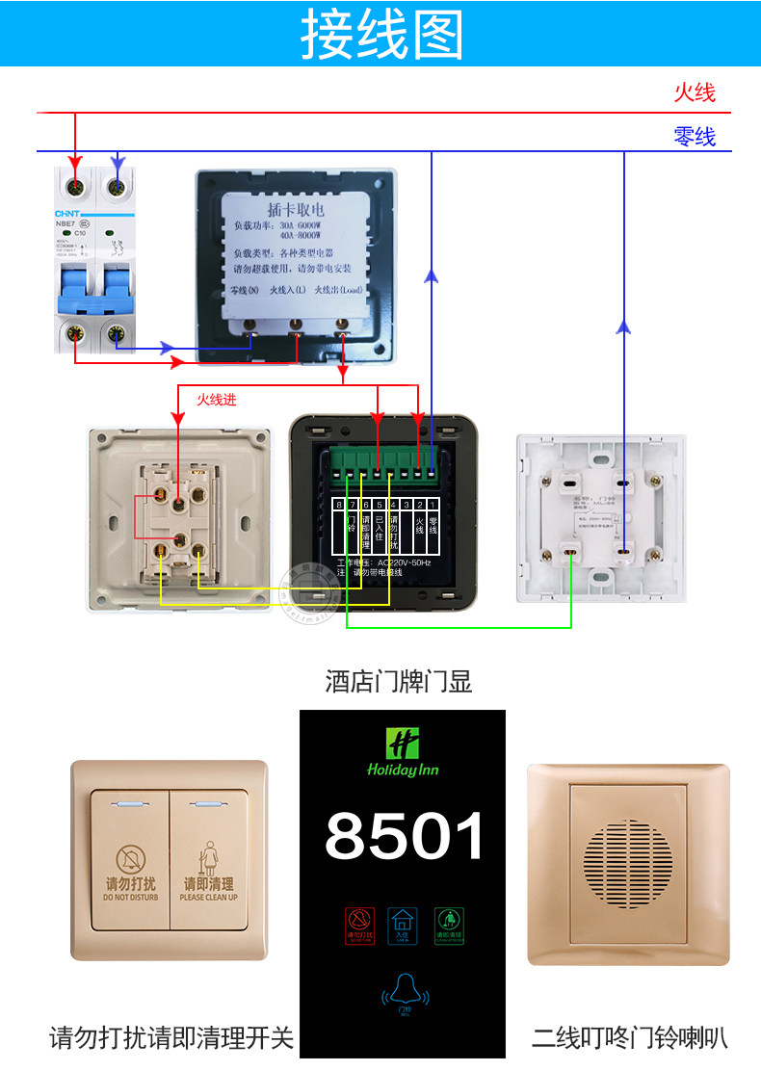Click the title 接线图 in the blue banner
381,36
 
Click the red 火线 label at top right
695,92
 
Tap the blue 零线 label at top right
695,136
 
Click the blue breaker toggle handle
92,290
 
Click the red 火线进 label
217,399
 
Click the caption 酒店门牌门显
399,683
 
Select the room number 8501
405,835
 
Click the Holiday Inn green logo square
403,744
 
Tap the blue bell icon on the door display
405,992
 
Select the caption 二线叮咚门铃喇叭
629,1038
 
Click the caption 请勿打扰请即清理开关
171,1038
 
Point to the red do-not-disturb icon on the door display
358,923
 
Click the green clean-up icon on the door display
448,923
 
